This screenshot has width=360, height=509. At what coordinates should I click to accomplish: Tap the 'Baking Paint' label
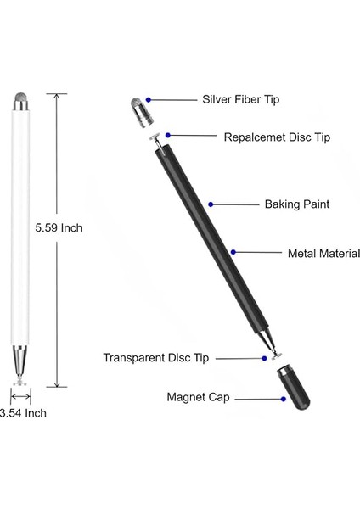pyautogui.click(x=272, y=204)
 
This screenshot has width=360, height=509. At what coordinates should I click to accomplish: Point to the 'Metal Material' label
pyautogui.click(x=323, y=253)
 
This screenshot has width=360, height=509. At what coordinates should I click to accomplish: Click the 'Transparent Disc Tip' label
pyautogui.click(x=155, y=358)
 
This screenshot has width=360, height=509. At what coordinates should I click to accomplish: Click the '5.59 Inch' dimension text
pyautogui.click(x=59, y=228)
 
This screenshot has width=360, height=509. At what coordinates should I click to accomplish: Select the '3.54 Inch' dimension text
pyautogui.click(x=23, y=413)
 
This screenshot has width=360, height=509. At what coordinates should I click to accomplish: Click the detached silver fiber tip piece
pyautogui.click(x=140, y=111)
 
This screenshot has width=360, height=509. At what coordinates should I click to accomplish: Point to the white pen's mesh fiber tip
pyautogui.click(x=21, y=103)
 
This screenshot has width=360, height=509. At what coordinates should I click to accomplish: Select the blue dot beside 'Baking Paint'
pyautogui.click(x=211, y=204)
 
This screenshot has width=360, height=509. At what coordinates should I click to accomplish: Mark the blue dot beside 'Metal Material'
pyautogui.click(x=233, y=252)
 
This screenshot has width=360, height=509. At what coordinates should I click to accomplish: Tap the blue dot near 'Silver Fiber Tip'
pyautogui.click(x=149, y=99)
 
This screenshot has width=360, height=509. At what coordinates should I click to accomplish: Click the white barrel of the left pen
pyautogui.click(x=21, y=229)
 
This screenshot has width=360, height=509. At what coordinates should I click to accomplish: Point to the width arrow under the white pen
pyautogui.click(x=21, y=394)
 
